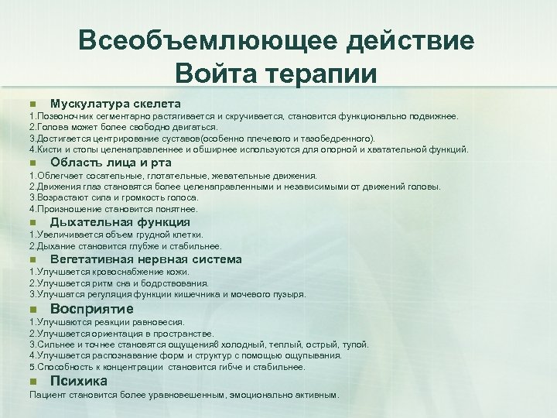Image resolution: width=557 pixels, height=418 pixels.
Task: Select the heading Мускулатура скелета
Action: pyautogui.click(x=115, y=104)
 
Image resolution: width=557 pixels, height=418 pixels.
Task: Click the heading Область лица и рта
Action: pyautogui.click(x=111, y=163)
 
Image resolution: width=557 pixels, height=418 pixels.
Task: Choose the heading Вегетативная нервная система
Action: pyautogui.click(x=145, y=259)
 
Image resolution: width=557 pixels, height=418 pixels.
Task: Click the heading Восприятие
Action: pyautogui.click(x=91, y=309)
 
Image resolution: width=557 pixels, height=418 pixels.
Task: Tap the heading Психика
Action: pyautogui.click(x=79, y=381)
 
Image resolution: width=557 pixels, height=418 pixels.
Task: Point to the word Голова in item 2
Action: pyautogui.click(x=51, y=127)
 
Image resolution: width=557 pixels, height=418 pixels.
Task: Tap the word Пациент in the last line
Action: pyautogui.click(x=46, y=395)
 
